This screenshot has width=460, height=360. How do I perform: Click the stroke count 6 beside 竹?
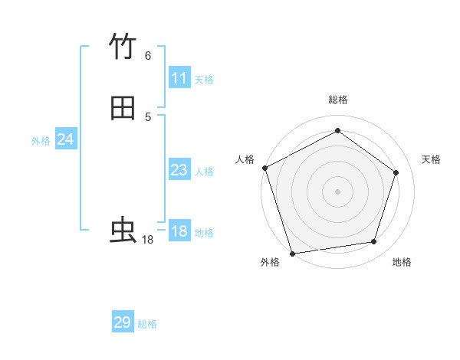[147, 55]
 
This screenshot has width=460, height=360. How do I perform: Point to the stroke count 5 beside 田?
[147, 116]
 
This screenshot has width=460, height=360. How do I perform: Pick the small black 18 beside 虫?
[148, 240]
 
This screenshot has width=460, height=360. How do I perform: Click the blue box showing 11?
[179, 78]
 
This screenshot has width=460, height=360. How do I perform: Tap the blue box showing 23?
[179, 170]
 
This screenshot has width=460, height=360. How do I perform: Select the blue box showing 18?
[179, 231]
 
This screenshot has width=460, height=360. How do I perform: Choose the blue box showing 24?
[66, 139]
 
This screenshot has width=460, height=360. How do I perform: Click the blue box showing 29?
[123, 322]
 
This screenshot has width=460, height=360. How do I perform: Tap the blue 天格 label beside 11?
[204, 79]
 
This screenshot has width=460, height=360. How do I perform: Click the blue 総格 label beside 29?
[147, 324]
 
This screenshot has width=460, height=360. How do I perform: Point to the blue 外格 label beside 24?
[41, 141]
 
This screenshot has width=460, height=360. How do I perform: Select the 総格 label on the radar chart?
[338, 100]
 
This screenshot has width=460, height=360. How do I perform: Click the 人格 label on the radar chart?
[245, 159]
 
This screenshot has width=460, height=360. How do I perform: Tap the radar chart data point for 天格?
[396, 172]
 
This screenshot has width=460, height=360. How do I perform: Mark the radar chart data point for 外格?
[292, 252]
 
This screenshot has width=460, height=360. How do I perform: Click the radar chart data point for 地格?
[374, 242]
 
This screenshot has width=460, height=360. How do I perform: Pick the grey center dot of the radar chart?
[337, 191]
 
